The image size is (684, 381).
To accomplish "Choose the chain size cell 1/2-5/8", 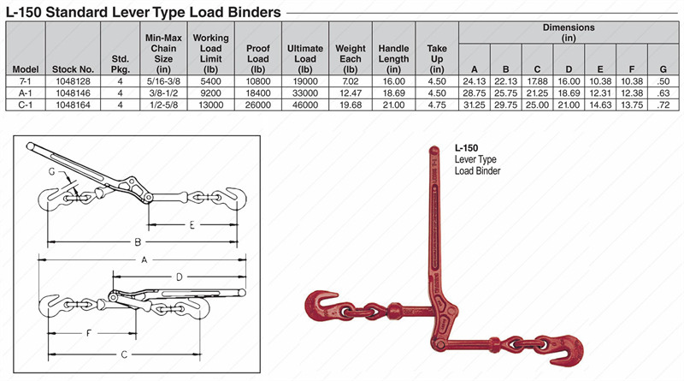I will tap(165, 105).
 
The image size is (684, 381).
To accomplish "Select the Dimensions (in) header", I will tap(568, 33).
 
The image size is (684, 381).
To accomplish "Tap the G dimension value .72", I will tap(659, 105).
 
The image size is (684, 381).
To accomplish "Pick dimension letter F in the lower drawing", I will tap(88, 332).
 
